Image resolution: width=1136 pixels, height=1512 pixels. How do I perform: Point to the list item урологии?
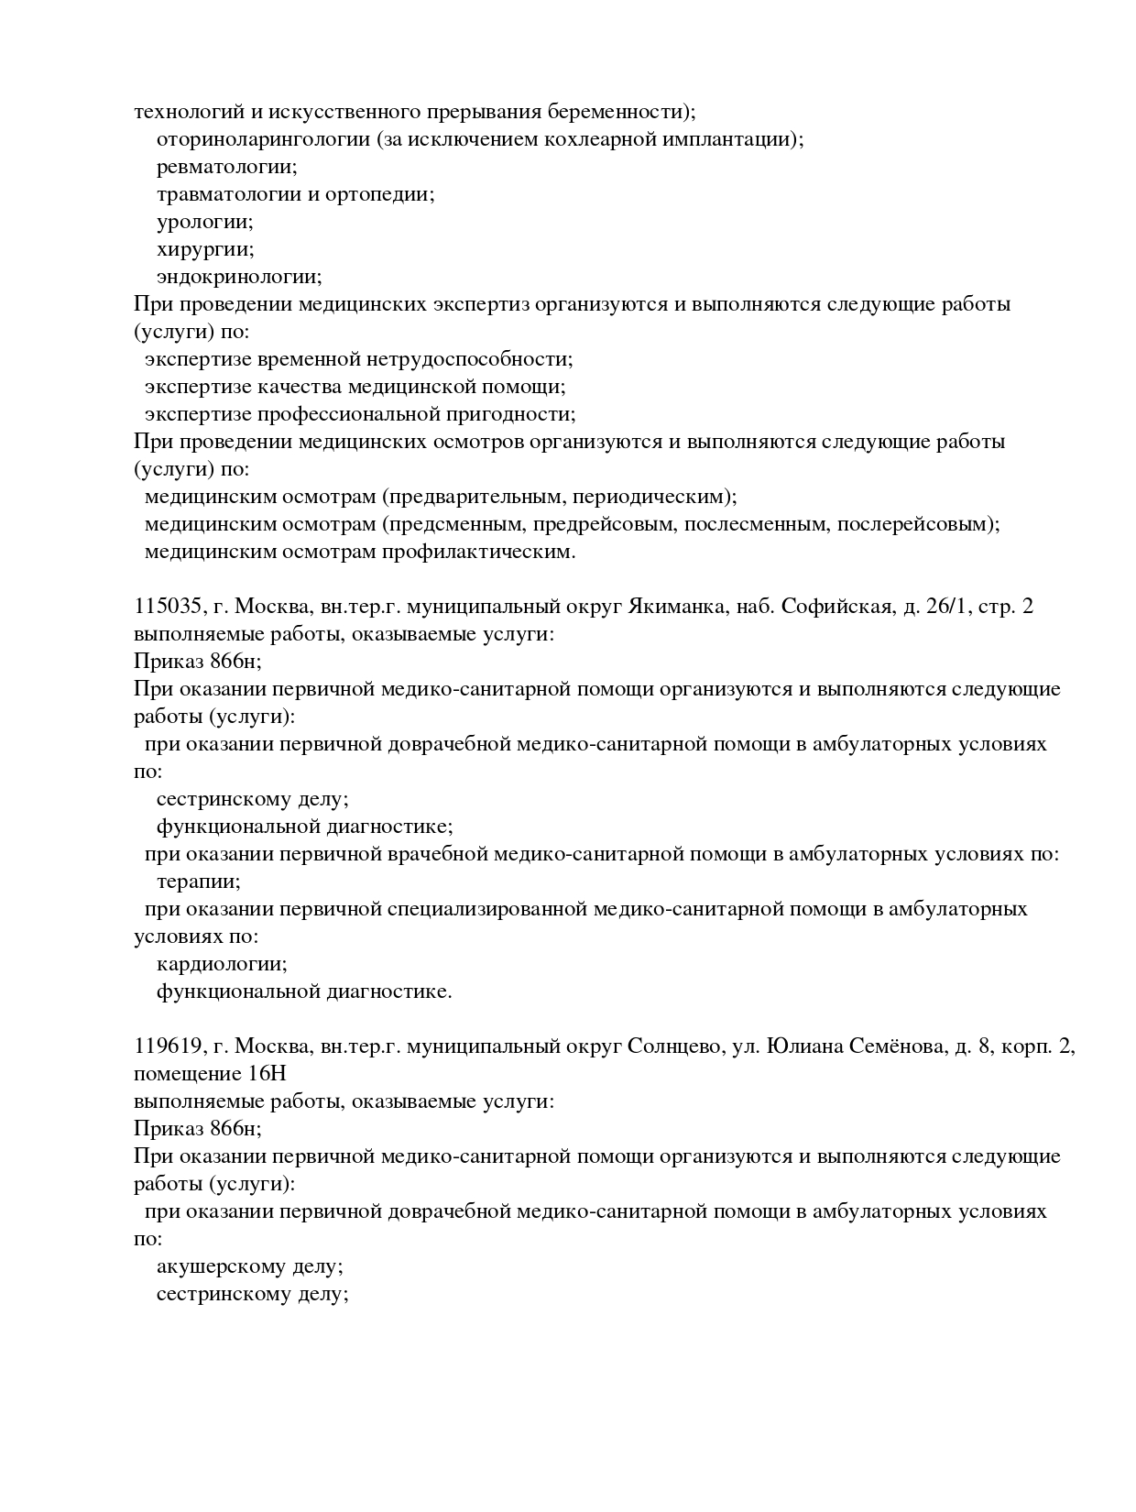click(x=204, y=222)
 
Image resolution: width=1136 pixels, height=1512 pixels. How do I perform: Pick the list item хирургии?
click(x=204, y=249)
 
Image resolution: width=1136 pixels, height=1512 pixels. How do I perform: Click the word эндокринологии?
click(x=238, y=277)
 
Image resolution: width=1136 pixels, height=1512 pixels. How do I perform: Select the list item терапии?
click(x=198, y=882)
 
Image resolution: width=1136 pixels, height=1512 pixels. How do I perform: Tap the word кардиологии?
click(x=222, y=964)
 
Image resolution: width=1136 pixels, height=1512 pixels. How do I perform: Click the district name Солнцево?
click(x=673, y=1046)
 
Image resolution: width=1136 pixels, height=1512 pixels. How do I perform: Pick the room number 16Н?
click(x=267, y=1073)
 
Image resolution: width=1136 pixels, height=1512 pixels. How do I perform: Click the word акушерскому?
click(x=221, y=1266)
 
